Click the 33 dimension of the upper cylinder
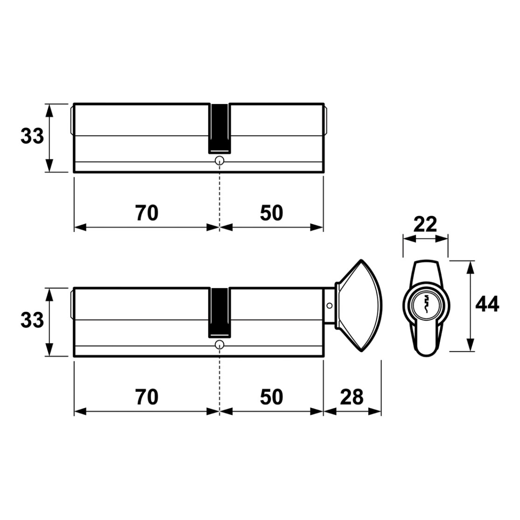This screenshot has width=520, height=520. tap(32, 137)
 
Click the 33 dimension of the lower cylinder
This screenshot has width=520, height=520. tap(32, 321)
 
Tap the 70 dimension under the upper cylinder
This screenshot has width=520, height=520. tap(147, 213)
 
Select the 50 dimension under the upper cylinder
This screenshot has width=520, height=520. tap(271, 213)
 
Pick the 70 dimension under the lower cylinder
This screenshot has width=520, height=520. tap(147, 397)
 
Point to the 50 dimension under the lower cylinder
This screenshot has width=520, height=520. tap(271, 397)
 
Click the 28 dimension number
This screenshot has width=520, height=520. tap(352, 397)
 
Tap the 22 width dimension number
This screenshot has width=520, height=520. tap(425, 225)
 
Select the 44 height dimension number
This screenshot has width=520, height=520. tap(487, 304)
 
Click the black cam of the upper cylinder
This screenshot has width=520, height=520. tap(219, 129)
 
